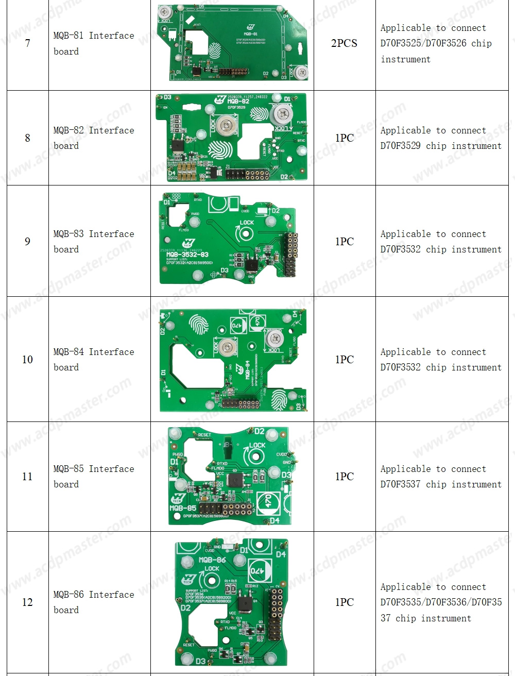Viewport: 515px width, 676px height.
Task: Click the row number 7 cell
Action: pos(27,43)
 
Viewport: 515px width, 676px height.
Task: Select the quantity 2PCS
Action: pos(344,43)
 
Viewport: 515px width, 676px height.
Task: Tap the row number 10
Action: pos(27,360)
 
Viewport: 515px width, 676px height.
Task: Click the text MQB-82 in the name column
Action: pos(68,130)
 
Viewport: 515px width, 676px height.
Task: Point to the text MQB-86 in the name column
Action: pos(68,595)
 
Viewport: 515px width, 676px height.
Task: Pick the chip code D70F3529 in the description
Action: pos(401,146)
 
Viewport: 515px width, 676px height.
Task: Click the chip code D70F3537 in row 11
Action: pos(401,484)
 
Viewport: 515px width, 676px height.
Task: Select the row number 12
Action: pos(27,602)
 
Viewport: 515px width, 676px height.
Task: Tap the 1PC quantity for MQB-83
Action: pos(344,242)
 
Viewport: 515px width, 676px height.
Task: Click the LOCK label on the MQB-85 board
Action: pos(257,445)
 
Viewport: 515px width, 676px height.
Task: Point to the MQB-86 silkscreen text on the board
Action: pos(212,560)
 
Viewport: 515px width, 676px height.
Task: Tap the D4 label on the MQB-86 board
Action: pos(281,554)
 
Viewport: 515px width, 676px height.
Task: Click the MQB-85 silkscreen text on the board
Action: pos(183,508)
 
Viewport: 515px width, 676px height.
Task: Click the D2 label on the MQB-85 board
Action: pos(260,431)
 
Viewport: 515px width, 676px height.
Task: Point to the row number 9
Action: pos(27,242)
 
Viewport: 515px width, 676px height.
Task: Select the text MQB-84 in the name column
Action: pos(68,352)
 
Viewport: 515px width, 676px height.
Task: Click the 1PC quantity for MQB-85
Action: pos(344,477)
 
